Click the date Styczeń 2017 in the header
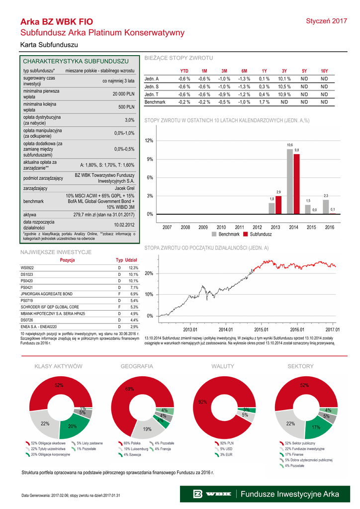tap(326, 21)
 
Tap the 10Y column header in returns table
tap(324, 71)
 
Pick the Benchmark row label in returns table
tap(154, 101)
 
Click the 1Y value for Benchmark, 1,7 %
tap(264, 101)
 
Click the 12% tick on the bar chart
tap(149, 141)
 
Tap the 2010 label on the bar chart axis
tap(221, 227)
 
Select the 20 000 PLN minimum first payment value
tap(123, 94)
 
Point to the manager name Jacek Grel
tap(124, 188)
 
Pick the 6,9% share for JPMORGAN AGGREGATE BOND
tap(133, 294)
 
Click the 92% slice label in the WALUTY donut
tap(202, 402)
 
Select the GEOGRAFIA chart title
tap(137, 366)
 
